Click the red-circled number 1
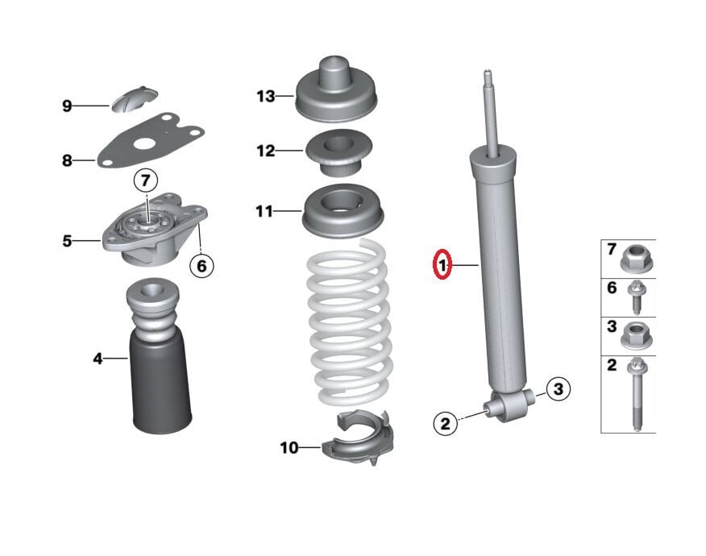(442, 264)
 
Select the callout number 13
(266, 97)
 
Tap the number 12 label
(266, 151)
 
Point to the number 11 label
(265, 212)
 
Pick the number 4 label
(98, 358)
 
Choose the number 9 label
(67, 106)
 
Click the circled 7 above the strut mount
(146, 180)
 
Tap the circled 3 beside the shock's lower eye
(557, 390)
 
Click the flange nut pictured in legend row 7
(636, 259)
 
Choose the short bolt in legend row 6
(636, 297)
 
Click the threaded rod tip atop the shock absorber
(488, 85)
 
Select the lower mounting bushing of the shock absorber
(512, 403)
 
